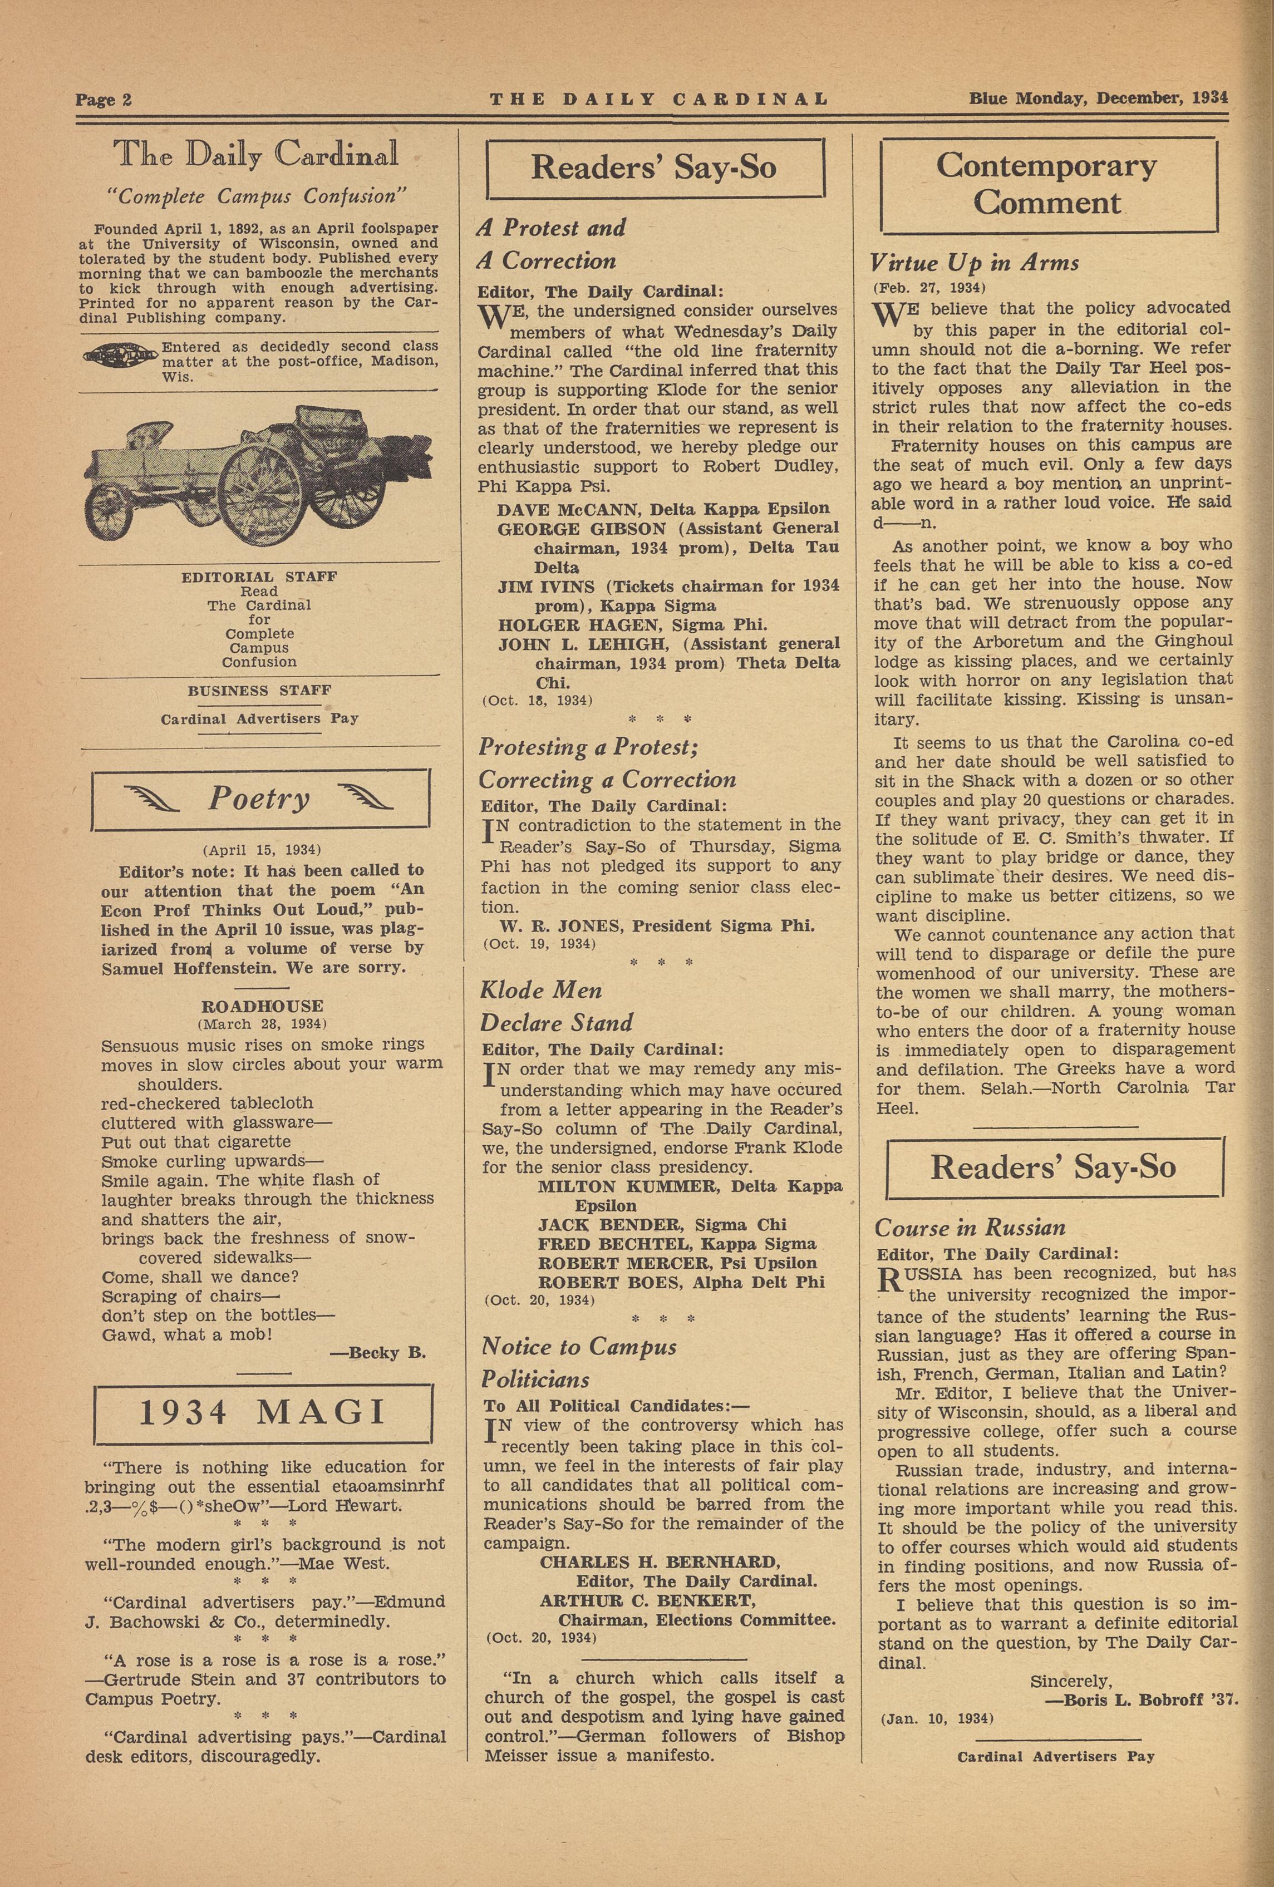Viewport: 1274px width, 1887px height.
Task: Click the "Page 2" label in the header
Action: click(x=104, y=100)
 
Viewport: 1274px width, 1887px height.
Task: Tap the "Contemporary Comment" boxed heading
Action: click(x=1047, y=184)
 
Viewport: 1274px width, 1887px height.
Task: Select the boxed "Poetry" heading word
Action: click(x=259, y=799)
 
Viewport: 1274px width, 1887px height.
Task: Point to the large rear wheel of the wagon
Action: click(x=258, y=497)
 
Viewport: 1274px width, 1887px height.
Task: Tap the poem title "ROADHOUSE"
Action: click(x=262, y=1006)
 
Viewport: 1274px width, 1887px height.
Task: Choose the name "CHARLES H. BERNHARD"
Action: click(x=660, y=1562)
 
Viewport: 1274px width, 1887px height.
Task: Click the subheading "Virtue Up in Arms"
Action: click(x=973, y=263)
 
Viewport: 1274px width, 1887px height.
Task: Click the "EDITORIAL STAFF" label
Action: click(x=259, y=577)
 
